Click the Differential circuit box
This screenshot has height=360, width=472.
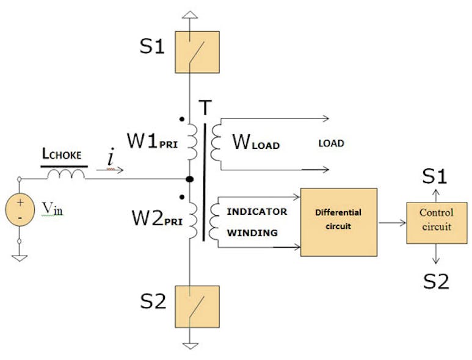(x=338, y=221)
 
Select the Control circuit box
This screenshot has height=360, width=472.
(x=436, y=220)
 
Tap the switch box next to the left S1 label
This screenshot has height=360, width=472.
(x=194, y=48)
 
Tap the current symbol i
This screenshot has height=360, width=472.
(x=111, y=159)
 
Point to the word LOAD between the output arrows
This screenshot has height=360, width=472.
(x=331, y=143)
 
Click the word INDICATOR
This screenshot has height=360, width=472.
(x=256, y=212)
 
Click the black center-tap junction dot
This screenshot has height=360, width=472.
(x=189, y=179)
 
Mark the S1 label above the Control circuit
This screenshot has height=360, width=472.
(x=435, y=176)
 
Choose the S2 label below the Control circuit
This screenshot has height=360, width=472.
(x=436, y=281)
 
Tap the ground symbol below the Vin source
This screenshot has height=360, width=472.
(x=20, y=257)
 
